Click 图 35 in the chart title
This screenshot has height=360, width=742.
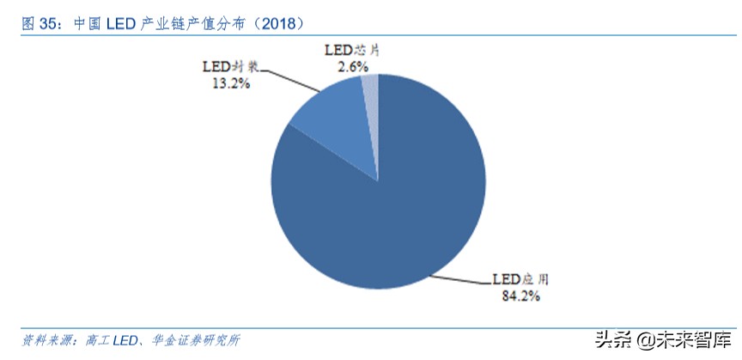38,23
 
